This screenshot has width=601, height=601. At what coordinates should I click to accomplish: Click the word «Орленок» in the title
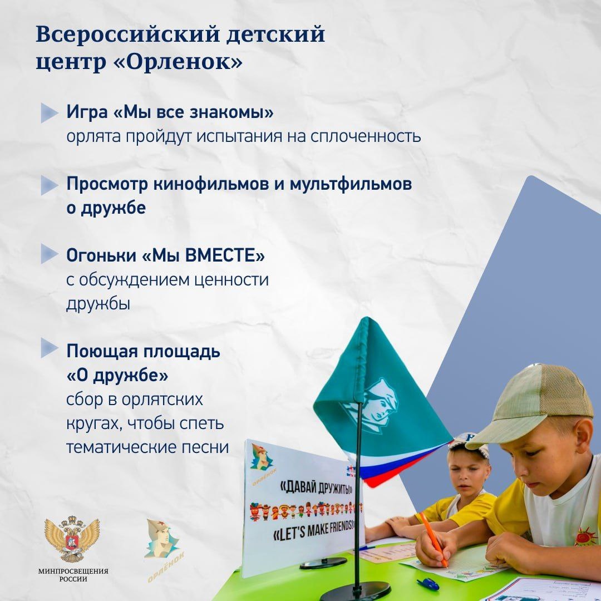coord(178,61)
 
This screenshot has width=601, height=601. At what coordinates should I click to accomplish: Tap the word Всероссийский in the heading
coord(128,34)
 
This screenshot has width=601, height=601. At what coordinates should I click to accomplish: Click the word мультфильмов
coord(351,184)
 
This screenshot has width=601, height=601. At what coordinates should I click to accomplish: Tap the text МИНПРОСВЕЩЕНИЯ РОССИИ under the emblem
coord(73,575)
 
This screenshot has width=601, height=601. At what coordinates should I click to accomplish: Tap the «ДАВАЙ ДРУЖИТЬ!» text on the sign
coord(317,487)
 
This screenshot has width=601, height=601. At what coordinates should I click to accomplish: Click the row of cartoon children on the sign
coord(306,510)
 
